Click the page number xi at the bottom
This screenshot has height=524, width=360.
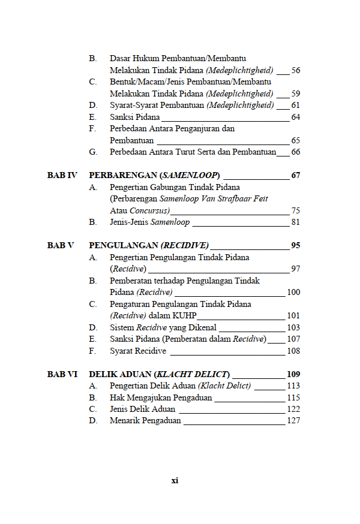175,480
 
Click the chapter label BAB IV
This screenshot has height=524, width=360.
62,176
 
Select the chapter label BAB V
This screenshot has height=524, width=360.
61,246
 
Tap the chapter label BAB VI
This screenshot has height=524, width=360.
62,374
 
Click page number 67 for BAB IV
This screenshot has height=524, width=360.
295,176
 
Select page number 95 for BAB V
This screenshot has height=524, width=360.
295,246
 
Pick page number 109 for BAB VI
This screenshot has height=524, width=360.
293,374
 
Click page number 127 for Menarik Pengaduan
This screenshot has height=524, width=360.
293,421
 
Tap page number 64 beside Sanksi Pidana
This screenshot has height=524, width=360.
295,117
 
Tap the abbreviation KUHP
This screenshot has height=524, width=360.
185,316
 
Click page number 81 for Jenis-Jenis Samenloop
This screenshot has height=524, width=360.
295,222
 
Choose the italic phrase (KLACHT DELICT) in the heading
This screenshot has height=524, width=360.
192,374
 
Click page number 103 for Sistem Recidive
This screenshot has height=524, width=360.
293,327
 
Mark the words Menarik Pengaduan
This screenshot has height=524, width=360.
145,421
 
